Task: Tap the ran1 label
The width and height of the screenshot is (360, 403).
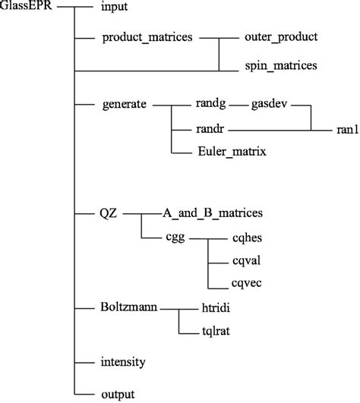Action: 342,129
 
